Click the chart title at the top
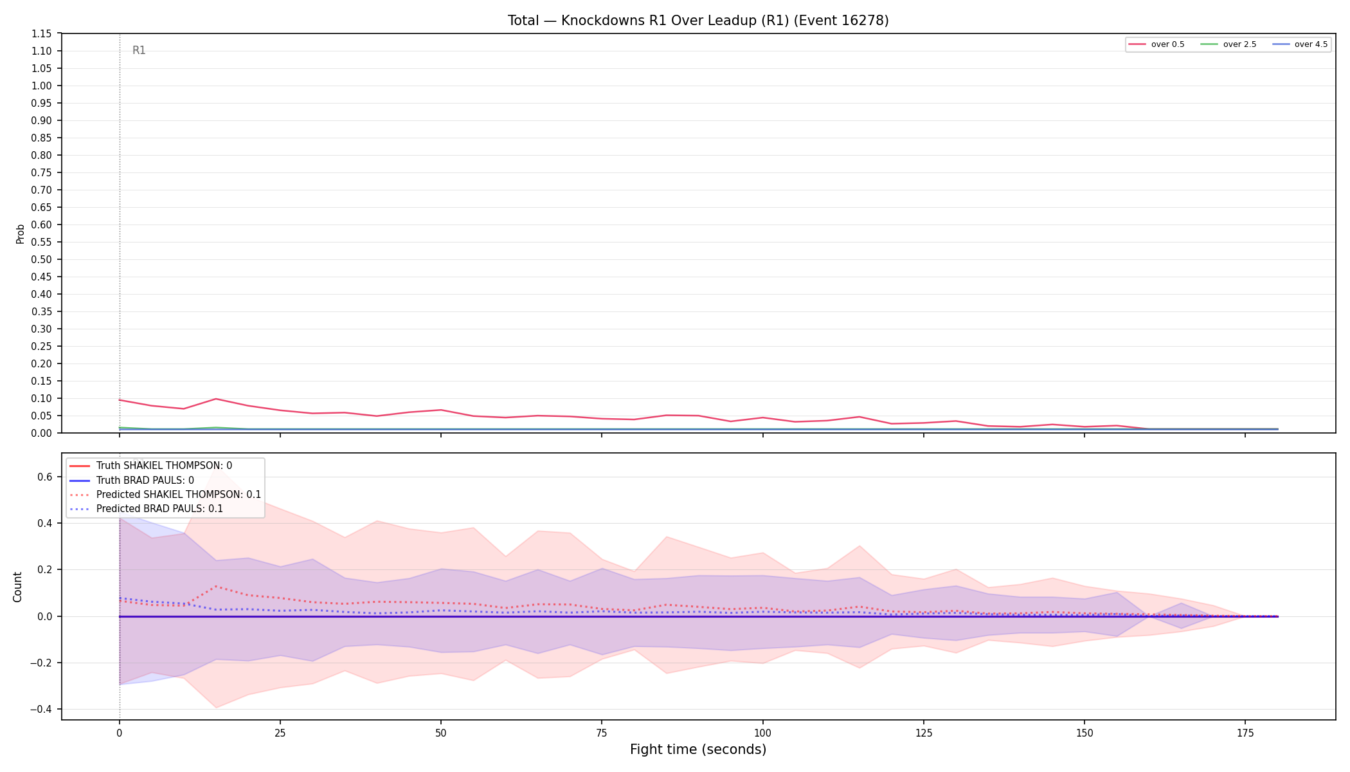pos(698,21)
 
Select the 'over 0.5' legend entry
pos(1156,44)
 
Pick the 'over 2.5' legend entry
pos(1228,44)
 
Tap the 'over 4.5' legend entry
pos(1300,44)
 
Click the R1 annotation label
pos(139,50)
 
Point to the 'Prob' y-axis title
pos(20,234)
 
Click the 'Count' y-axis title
pos(17,587)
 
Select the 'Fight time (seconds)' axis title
pos(698,749)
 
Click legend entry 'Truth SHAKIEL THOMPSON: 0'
pos(150,466)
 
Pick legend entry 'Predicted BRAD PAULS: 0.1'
pos(146,509)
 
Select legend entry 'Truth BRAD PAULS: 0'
pos(131,481)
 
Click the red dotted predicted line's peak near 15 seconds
pos(216,586)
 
